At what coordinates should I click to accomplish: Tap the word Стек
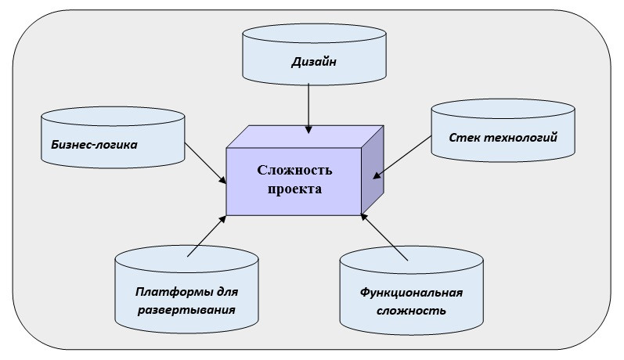click(464, 139)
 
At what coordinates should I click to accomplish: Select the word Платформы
click(164, 293)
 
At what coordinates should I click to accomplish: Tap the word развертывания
click(186, 310)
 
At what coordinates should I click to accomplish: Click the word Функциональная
click(412, 293)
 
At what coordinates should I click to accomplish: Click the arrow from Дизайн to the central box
click(309, 106)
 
